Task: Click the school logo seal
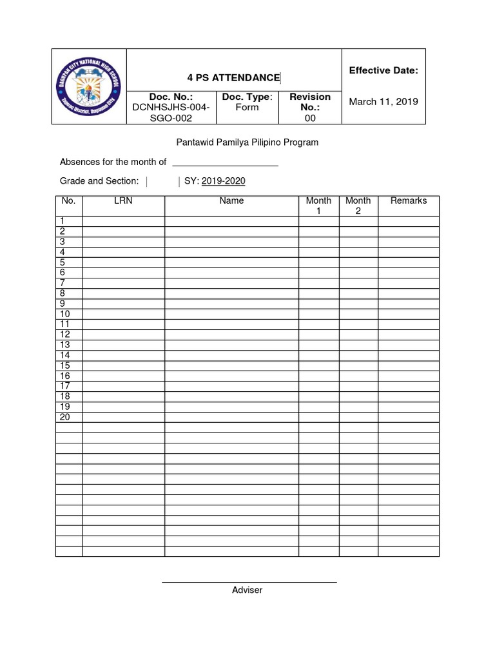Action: coord(89,86)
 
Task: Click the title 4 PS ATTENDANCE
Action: coord(233,78)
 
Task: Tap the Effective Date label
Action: coord(383,70)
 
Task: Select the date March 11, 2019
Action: coord(383,101)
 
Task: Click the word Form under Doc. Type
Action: coord(247,108)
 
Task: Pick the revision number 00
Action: coord(310,118)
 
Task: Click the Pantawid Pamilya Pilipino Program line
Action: coord(247,142)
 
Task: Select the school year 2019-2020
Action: coord(223,181)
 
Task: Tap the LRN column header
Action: coord(123,201)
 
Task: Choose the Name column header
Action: coord(231,201)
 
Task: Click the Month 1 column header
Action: coord(318,206)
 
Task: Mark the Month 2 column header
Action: coord(358,206)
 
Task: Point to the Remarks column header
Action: coord(409,201)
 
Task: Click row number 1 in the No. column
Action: coord(63,221)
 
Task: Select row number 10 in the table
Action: coord(65,314)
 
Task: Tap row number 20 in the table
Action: coord(65,417)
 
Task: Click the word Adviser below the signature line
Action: coord(247,590)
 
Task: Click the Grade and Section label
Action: coord(99,181)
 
